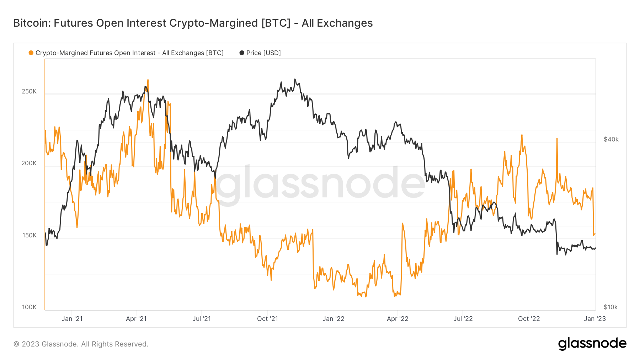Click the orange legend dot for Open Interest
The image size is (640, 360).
click(31, 53)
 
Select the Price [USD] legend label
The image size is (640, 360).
click(263, 53)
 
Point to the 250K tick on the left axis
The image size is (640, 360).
click(29, 91)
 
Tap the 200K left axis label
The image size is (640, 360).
click(29, 163)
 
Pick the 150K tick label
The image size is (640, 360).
click(29, 235)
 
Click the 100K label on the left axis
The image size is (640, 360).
click(29, 307)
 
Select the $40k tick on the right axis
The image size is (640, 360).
click(611, 139)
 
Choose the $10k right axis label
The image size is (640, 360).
click(610, 307)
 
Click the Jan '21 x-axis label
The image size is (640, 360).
click(72, 319)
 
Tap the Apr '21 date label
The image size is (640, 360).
click(136, 319)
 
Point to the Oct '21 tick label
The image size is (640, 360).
click(267, 319)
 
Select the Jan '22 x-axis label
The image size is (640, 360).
click(333, 319)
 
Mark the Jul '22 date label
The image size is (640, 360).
click(463, 319)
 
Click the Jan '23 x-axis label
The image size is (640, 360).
click(594, 319)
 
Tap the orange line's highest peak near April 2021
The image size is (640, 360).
click(148, 80)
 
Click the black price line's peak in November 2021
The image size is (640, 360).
click(295, 80)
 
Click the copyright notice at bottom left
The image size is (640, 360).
click(81, 344)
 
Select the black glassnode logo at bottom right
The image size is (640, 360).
click(592, 344)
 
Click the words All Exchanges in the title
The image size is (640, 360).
click(337, 23)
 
